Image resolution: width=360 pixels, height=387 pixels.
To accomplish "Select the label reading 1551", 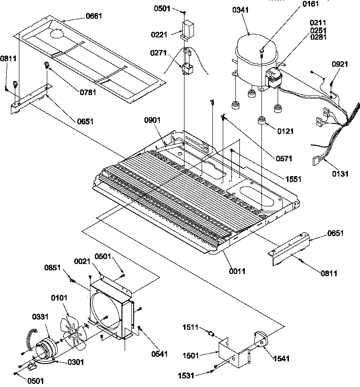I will (x=293, y=179).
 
